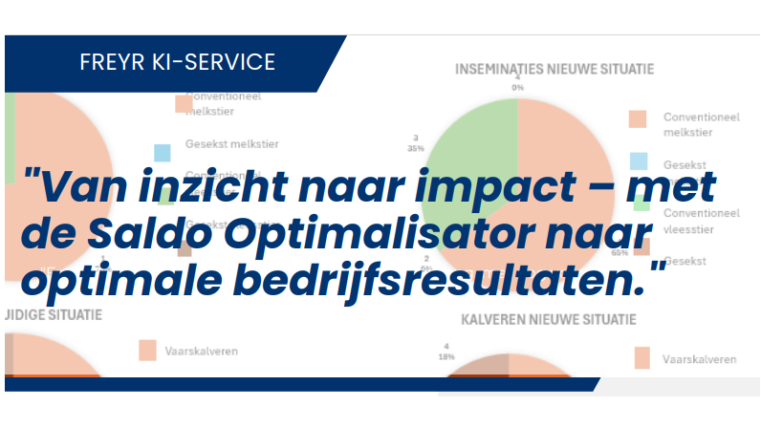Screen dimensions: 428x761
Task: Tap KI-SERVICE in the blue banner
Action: click(x=218, y=63)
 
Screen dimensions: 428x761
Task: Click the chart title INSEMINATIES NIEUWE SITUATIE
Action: click(x=554, y=69)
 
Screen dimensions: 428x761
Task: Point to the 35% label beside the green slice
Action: click(x=415, y=149)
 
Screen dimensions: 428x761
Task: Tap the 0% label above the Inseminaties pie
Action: click(x=517, y=87)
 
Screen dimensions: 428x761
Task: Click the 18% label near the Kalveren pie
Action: click(x=444, y=357)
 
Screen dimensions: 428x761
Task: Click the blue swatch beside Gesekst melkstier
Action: click(x=163, y=152)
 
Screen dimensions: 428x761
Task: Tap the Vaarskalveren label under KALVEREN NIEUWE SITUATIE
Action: click(x=699, y=359)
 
